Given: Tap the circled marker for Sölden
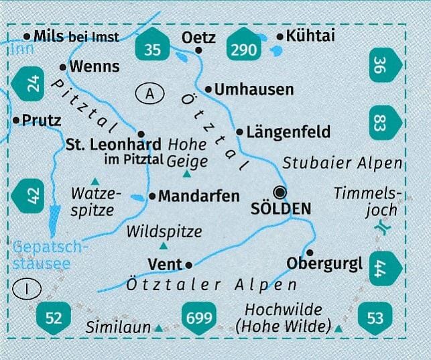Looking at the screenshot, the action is pos(280,192).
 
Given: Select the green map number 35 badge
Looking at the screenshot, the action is pos(153,48).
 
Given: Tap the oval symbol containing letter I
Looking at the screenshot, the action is pos(26,289).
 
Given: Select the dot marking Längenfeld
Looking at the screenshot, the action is pos(240,131).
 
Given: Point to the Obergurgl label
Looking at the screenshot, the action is pos(324,263).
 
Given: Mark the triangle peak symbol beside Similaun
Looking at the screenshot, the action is pos(158,328).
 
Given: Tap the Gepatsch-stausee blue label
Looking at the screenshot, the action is pos(41,255).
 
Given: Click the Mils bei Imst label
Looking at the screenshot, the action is pos(79,36).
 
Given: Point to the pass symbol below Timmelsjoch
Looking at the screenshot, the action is pos(383,229).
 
